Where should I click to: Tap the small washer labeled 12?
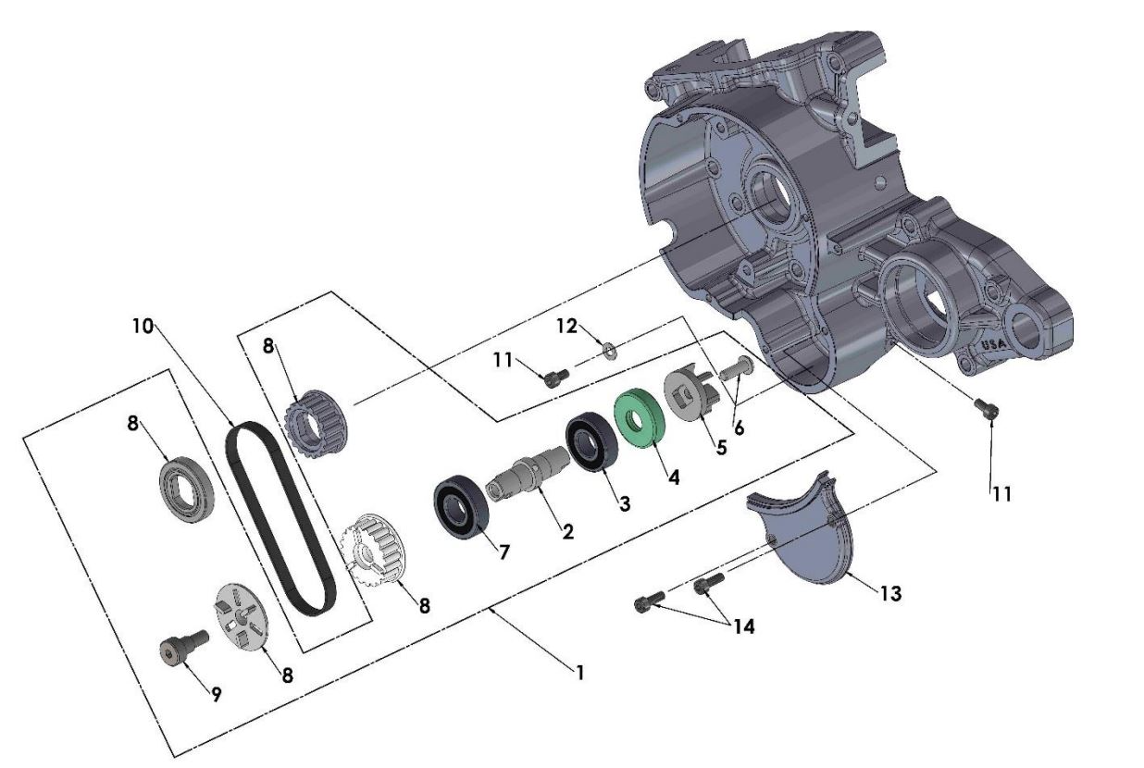tap(609, 349)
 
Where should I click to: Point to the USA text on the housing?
tap(994, 344)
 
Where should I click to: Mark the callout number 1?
tap(579, 673)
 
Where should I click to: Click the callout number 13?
tap(889, 594)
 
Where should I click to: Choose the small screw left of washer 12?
tap(554, 376)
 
